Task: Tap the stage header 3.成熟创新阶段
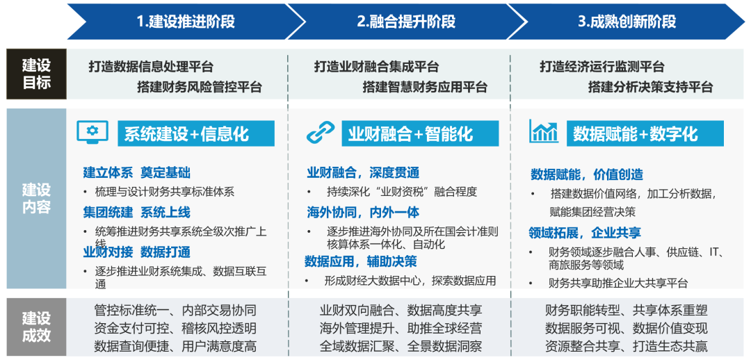(626, 22)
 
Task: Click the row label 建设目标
(36, 74)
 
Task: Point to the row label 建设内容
(36, 198)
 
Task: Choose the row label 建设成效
(36, 327)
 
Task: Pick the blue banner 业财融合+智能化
(420, 133)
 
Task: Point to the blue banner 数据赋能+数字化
(645, 133)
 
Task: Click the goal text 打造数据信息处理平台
(151, 67)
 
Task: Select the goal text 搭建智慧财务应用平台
(425, 87)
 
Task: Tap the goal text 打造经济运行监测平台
(602, 67)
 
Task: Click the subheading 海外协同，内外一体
(363, 213)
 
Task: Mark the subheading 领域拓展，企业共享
(585, 233)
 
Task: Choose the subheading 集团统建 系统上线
(136, 212)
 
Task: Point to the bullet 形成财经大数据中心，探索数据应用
(410, 281)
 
